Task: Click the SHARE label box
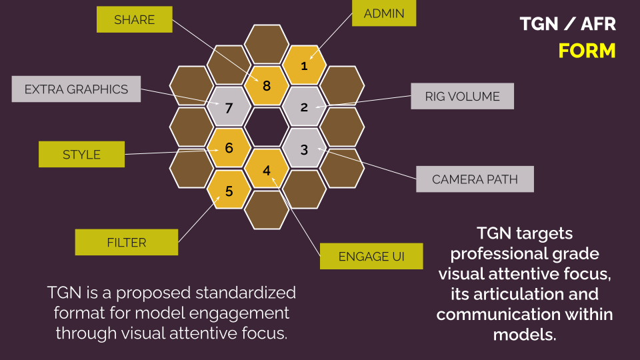click(134, 19)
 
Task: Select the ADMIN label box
click(384, 13)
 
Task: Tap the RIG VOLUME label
click(462, 96)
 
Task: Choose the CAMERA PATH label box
click(475, 179)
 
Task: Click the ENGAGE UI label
click(371, 256)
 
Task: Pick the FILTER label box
click(127, 242)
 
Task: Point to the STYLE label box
click(81, 154)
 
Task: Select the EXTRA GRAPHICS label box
click(76, 89)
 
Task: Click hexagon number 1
click(304, 65)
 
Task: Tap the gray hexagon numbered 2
click(304, 107)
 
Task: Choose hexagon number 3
click(304, 149)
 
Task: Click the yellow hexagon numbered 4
click(267, 170)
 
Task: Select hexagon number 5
click(229, 191)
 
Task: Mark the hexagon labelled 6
click(229, 148)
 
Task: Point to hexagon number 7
click(229, 107)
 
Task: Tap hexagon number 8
click(267, 86)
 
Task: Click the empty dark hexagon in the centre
click(267, 127)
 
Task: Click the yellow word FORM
click(587, 51)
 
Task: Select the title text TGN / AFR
click(568, 25)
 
